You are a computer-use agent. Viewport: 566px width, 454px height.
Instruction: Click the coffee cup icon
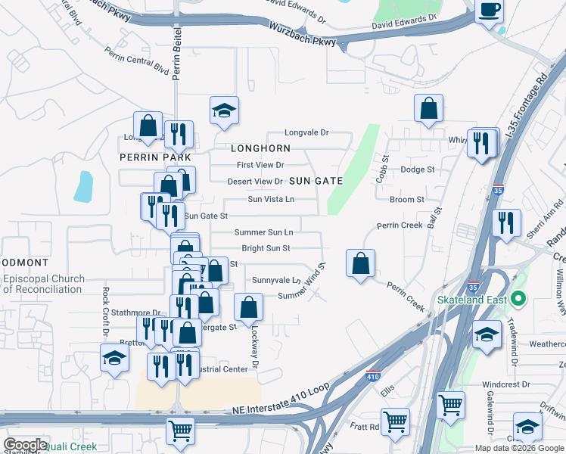(x=489, y=11)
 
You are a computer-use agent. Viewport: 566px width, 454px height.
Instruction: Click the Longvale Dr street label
(x=306, y=132)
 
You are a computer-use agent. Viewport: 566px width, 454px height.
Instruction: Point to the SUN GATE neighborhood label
(x=316, y=181)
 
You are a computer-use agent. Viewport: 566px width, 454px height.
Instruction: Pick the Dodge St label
(x=418, y=170)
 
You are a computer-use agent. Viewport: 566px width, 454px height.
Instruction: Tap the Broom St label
(x=406, y=200)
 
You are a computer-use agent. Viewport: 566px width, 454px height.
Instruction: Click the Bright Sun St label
(x=266, y=248)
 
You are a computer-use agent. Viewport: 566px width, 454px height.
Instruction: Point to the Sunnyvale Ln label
(x=276, y=280)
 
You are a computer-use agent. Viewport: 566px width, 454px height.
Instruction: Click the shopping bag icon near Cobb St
(x=429, y=108)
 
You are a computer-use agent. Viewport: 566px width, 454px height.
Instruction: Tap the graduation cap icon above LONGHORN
(x=224, y=111)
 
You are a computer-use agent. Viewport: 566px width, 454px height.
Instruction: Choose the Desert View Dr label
(x=255, y=182)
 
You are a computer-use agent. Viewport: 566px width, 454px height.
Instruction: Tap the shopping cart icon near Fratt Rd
(x=396, y=421)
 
